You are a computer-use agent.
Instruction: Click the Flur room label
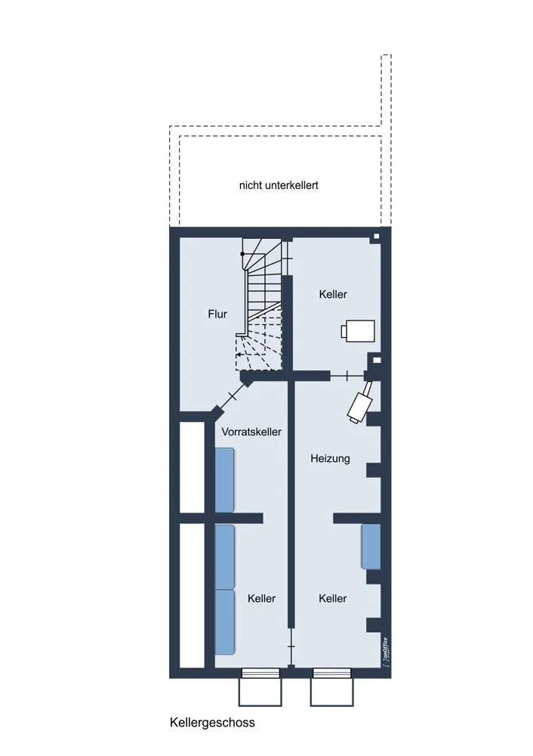coord(217,314)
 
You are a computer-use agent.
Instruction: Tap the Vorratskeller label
coord(251,432)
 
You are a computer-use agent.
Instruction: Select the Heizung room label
coord(330,459)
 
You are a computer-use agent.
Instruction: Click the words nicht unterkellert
coord(279,185)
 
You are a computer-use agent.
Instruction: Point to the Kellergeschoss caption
coord(212,723)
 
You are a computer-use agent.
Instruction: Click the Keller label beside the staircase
coord(333,294)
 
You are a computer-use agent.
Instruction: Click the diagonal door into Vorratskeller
coord(232,397)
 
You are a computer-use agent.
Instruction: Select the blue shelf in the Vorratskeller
coord(224,480)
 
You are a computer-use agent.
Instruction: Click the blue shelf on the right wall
coord(371,547)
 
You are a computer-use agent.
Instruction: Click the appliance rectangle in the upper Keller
coord(358,331)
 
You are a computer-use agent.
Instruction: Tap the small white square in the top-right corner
coord(377,236)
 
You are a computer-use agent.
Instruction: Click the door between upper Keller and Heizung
coord(347,376)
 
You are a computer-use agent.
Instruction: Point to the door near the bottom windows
coord(291,646)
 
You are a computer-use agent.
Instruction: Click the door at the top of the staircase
coord(288,259)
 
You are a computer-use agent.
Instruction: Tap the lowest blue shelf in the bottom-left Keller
coord(224,622)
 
